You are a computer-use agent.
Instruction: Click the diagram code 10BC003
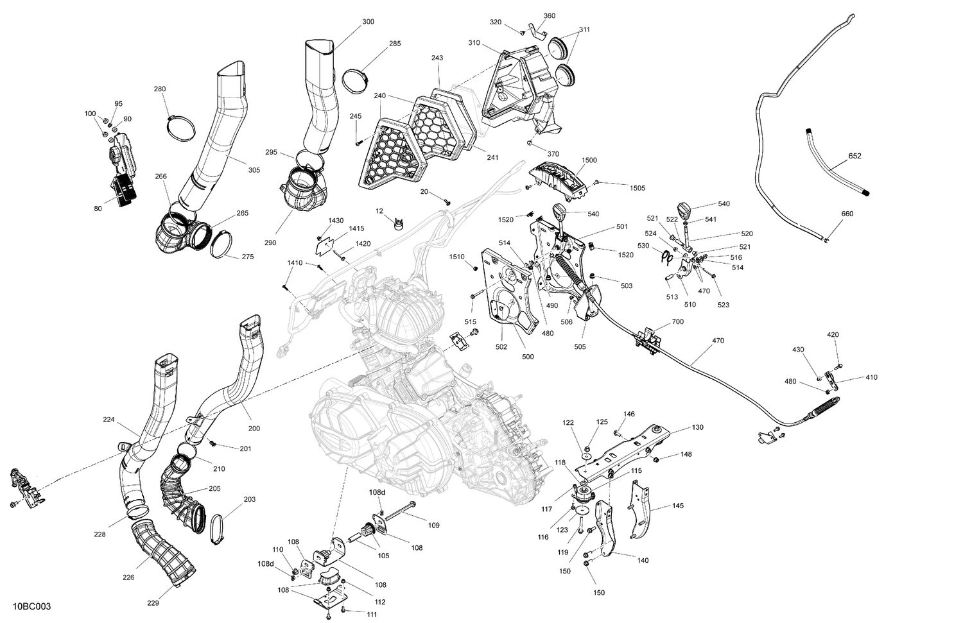31,606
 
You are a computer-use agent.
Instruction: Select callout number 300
368,22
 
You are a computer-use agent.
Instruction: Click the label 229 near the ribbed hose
153,602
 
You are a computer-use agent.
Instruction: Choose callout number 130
697,427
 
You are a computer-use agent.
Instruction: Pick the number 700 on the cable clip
677,321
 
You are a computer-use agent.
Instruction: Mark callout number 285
395,44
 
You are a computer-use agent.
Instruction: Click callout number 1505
638,188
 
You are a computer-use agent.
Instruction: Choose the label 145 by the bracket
678,506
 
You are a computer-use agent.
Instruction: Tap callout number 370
553,154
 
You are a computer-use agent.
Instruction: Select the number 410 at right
871,377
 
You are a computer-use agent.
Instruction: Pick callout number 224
108,420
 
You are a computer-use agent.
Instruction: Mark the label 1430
336,220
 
